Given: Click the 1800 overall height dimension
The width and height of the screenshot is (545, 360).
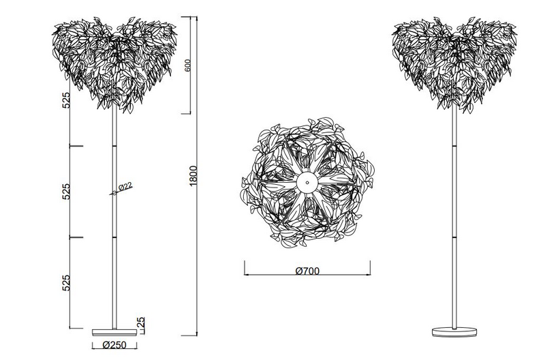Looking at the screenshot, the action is coord(193,176).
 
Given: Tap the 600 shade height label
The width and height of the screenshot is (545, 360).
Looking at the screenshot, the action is coord(187,65).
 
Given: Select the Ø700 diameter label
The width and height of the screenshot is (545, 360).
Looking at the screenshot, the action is coord(307,271).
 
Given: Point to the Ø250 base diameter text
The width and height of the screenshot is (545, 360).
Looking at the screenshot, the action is coord(114,345).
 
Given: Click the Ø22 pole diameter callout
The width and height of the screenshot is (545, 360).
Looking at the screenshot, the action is coord(125,187).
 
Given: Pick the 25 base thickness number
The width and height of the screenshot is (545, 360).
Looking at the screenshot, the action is coord(142,322).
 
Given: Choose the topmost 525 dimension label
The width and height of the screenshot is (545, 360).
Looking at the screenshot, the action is coord(66,100).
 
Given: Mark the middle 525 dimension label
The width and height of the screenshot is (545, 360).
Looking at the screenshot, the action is coord(66,192).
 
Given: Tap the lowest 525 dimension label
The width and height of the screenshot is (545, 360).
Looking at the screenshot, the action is coord(66,283).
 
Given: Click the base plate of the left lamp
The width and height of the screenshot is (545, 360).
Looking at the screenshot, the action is coord(114,332).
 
